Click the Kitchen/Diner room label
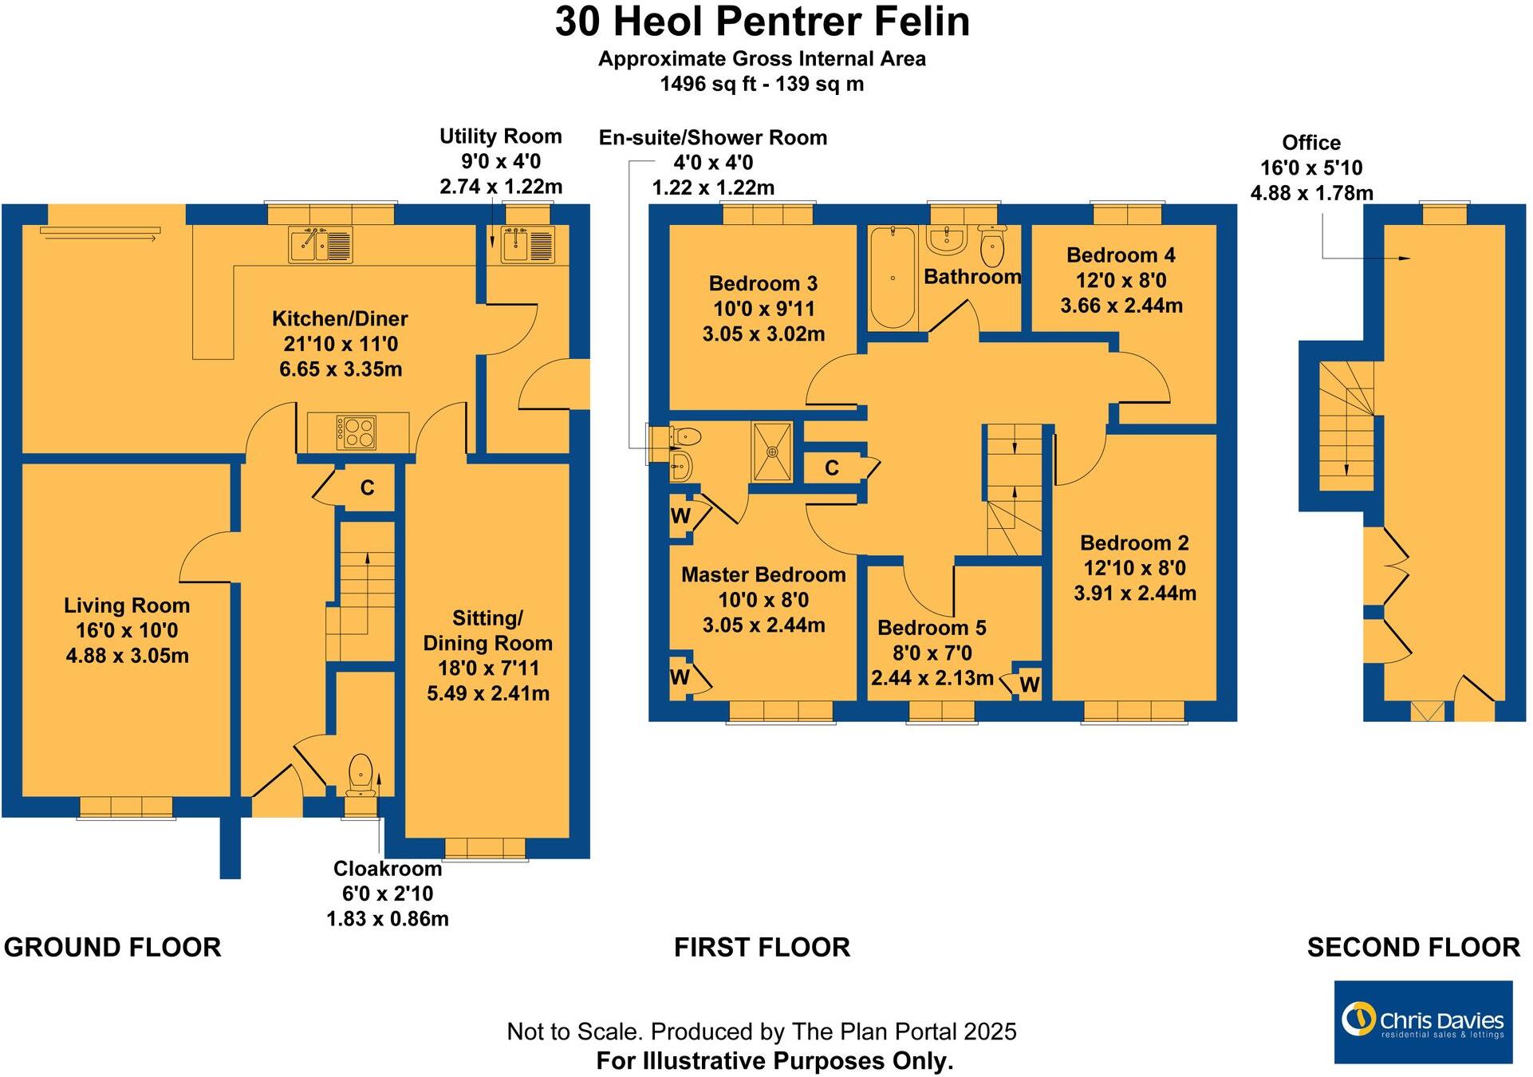pyautogui.click(x=340, y=319)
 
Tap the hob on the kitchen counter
pyautogui.click(x=356, y=432)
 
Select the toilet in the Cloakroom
pyautogui.click(x=361, y=774)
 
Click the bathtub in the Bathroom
pyautogui.click(x=892, y=277)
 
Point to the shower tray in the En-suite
pyautogui.click(x=772, y=452)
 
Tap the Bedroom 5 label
pyautogui.click(x=932, y=628)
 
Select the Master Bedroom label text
pyautogui.click(x=763, y=574)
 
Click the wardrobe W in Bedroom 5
pyautogui.click(x=1029, y=684)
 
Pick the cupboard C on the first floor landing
pyautogui.click(x=832, y=468)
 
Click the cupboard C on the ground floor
pyautogui.click(x=367, y=487)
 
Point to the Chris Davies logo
pyautogui.click(x=1423, y=1022)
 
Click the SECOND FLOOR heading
pyautogui.click(x=1413, y=947)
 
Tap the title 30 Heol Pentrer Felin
pyautogui.click(x=763, y=22)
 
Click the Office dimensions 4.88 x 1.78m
pyautogui.click(x=1311, y=193)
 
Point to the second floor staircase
pyautogui.click(x=1346, y=427)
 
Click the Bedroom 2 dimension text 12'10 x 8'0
pyautogui.click(x=1134, y=568)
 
